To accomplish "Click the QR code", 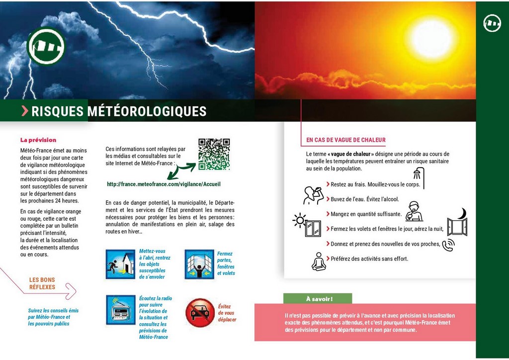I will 214,154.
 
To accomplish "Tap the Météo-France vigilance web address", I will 164,184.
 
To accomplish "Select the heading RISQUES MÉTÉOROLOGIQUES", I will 119,111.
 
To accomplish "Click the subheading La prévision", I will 38,140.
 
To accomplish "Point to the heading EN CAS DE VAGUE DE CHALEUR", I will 346,140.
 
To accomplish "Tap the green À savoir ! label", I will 318,299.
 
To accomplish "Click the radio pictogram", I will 120,310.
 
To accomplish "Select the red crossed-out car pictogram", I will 200,313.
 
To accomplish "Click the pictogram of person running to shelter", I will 120,264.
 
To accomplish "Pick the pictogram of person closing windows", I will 199,264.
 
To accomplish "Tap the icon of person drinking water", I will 313,195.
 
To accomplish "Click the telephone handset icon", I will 448,245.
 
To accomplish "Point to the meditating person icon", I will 319,262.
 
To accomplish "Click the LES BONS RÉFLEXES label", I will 42,283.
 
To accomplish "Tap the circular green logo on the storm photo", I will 46,46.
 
